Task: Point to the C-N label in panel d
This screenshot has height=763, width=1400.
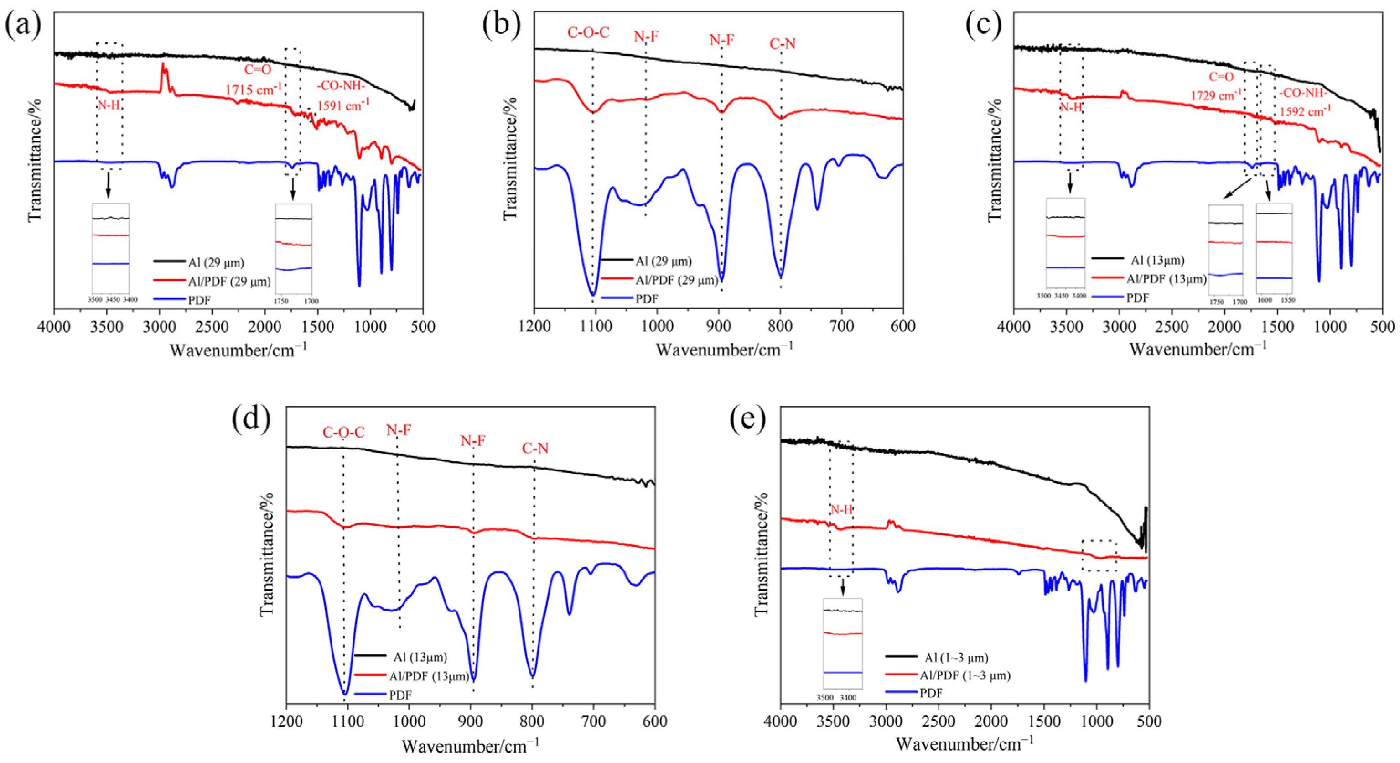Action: [535, 449]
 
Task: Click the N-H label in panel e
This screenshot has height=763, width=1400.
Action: [841, 510]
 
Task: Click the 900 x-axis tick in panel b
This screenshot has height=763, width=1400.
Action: [719, 326]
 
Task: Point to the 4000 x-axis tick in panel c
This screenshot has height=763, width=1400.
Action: [1014, 326]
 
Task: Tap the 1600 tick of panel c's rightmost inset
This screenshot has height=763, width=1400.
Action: [1265, 300]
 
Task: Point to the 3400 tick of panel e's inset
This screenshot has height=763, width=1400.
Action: [848, 698]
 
